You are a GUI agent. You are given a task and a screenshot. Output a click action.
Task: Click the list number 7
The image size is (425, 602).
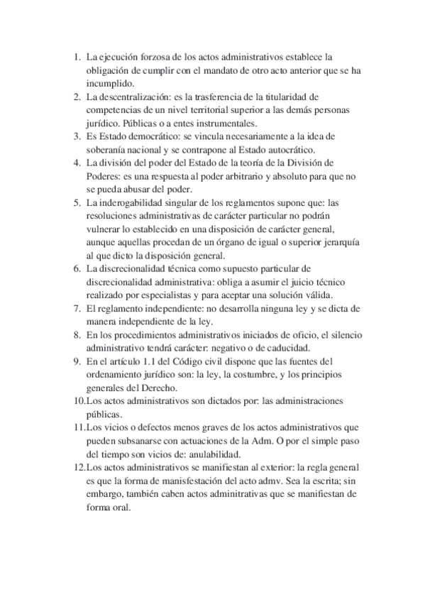[x=77, y=309]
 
